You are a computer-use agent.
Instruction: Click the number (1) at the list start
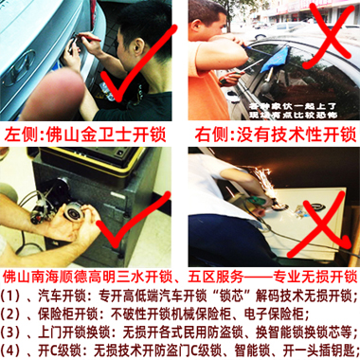(12, 296)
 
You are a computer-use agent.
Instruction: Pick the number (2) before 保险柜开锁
(12, 313)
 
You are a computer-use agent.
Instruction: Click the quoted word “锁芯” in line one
(222, 296)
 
